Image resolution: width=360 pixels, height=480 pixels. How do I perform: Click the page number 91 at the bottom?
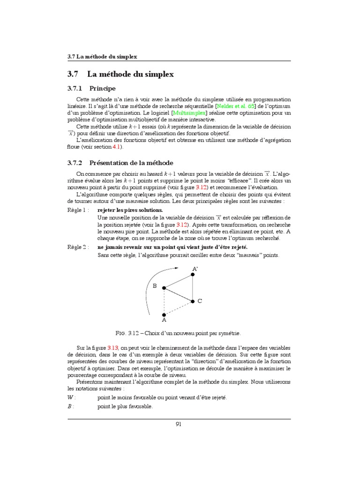point(179,424)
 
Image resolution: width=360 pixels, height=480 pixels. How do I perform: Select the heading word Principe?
point(103,88)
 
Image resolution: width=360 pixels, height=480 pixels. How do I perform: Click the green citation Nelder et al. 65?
point(236,106)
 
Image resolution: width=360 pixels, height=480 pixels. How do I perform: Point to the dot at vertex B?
point(164,288)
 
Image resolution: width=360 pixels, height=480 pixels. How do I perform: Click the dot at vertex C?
point(193,301)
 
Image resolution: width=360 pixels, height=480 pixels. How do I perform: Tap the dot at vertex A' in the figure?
point(193,274)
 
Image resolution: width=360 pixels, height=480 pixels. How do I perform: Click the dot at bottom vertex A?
point(164,315)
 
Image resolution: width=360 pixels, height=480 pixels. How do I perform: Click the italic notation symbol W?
point(71,397)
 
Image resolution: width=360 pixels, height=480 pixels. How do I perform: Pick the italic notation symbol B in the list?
point(70,406)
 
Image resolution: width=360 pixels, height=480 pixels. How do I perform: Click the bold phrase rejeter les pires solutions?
point(130,210)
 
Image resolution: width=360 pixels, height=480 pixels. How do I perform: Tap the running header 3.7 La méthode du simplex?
point(102,57)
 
